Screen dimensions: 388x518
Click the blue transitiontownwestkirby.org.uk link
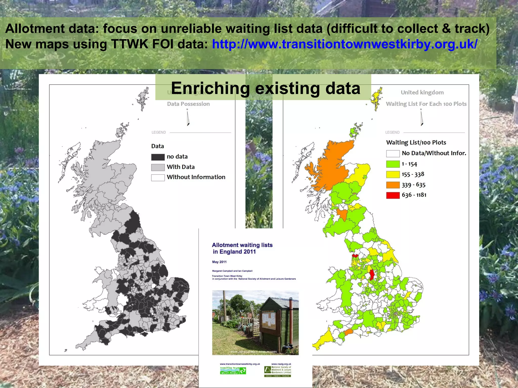[x=344, y=44]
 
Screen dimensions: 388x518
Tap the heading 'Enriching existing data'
[x=266, y=88]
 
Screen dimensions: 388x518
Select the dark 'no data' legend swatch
[x=158, y=157]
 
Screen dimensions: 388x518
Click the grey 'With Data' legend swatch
[x=158, y=167]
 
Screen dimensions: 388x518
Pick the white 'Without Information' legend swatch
[x=158, y=178]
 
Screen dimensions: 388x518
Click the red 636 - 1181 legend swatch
[x=393, y=195]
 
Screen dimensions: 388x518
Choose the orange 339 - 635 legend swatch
[x=393, y=185]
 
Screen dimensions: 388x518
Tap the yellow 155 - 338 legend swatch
[x=393, y=175]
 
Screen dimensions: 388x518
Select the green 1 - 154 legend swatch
[x=393, y=164]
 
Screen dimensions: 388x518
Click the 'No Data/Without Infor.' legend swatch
[x=393, y=153]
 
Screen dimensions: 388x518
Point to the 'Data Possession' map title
[x=188, y=104]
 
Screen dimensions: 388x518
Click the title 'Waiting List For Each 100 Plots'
[x=426, y=104]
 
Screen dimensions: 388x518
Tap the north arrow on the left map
[x=188, y=118]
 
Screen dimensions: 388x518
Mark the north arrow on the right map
[x=422, y=118]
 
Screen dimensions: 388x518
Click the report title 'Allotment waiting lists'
[x=242, y=245]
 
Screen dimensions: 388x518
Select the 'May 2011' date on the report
[x=219, y=262]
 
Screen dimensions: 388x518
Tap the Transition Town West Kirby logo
[x=233, y=370]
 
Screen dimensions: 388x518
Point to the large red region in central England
[x=372, y=275]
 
